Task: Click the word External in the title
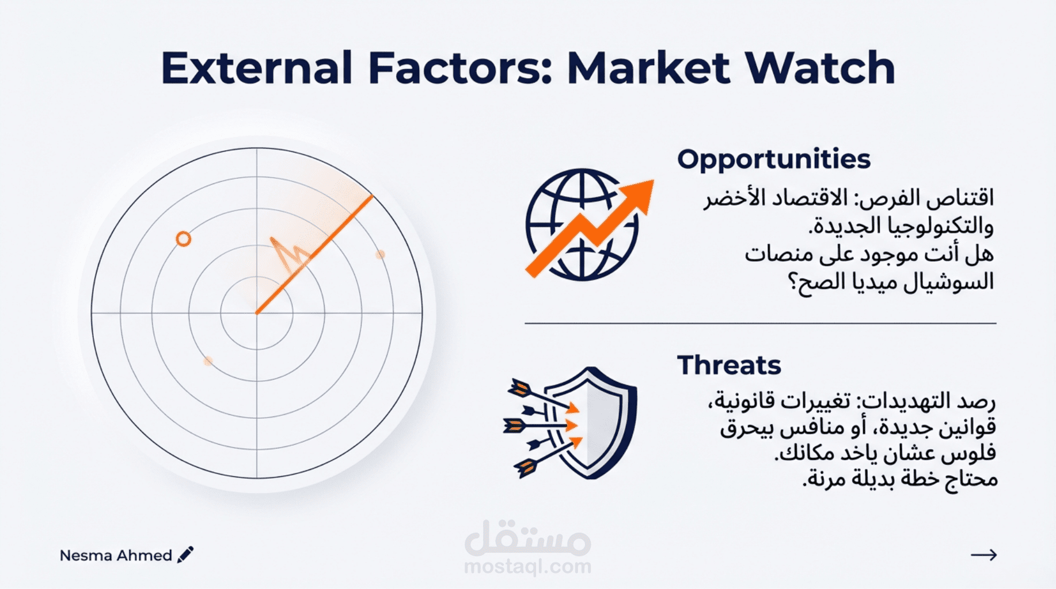[256, 68]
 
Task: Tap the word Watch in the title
[820, 68]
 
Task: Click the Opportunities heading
[774, 159]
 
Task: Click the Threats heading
[729, 365]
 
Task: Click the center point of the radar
[257, 313]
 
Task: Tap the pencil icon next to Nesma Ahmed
[185, 554]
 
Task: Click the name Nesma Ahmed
[116, 555]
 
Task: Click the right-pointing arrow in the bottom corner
[983, 554]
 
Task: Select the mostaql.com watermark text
[527, 567]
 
